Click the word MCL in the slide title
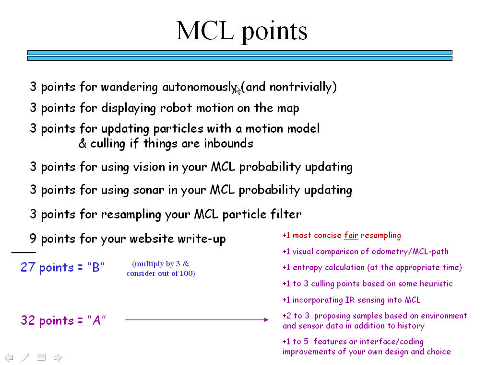coord(205,31)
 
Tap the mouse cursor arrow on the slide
coord(238,89)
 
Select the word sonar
coord(148,190)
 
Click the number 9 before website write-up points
coord(33,239)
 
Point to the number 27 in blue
coord(28,267)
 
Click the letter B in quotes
coord(96,267)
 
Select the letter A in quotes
coord(96,320)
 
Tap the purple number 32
coord(28,320)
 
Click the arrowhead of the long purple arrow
coord(266,319)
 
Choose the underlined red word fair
coord(351,235)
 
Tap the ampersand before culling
coord(83,144)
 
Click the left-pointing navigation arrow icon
coord(9,357)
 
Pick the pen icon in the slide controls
coord(25,357)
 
